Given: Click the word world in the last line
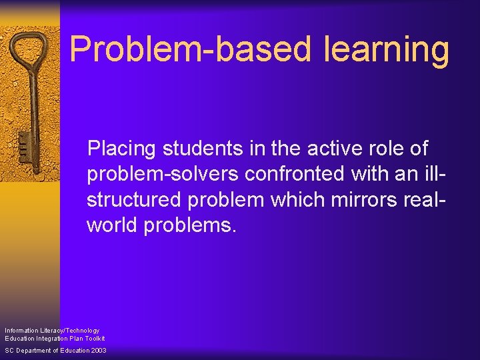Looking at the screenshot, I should (111, 225).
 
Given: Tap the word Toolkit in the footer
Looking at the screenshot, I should (93, 338).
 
